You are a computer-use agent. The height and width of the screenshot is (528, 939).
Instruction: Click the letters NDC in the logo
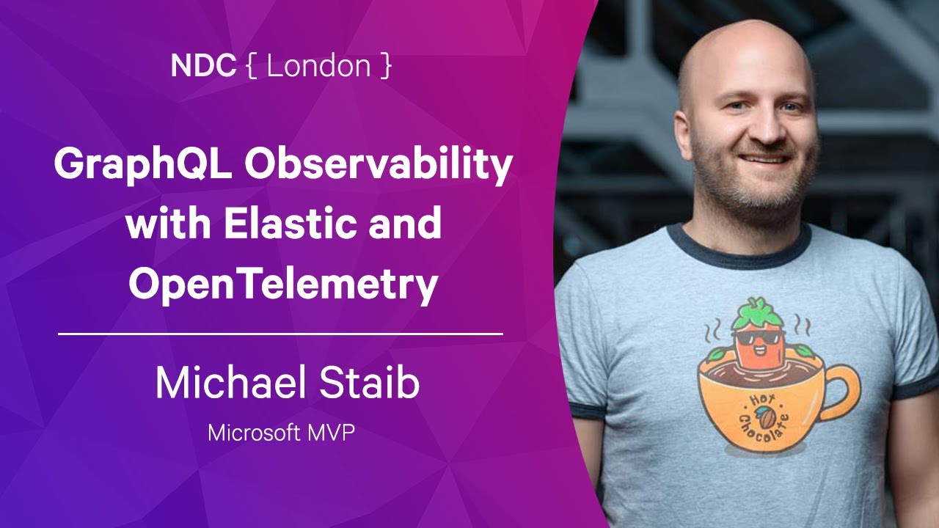[x=203, y=66]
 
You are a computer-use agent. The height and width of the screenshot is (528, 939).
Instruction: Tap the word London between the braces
[x=318, y=66]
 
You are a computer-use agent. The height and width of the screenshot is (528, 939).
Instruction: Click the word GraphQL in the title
[x=143, y=165]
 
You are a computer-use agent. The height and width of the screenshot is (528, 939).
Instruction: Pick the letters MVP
[x=331, y=433]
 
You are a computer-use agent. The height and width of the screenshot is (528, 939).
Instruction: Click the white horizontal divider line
[x=280, y=334]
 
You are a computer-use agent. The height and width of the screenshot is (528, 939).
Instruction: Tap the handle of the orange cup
[x=841, y=392]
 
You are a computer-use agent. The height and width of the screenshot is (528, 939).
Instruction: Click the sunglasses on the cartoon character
[x=756, y=338]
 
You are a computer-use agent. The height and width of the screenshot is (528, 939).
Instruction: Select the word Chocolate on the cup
[x=764, y=427]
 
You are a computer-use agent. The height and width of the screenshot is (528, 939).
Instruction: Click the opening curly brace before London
[x=252, y=66]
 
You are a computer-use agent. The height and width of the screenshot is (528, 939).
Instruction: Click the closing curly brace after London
[x=386, y=66]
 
